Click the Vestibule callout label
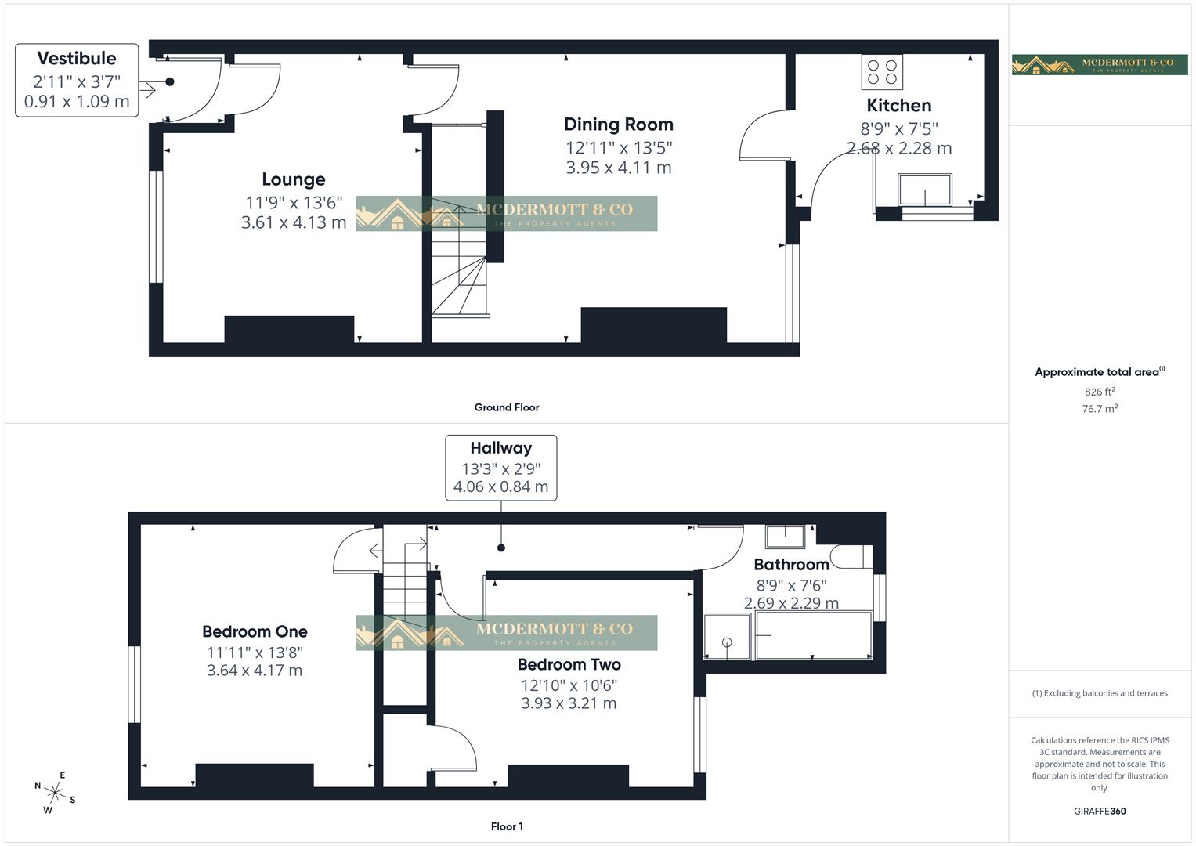coord(77,80)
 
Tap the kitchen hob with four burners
coord(882,71)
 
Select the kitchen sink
coord(925,190)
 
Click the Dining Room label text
coord(618,125)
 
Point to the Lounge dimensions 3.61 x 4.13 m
coord(294,222)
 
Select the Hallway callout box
coord(500,468)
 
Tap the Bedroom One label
coord(255,631)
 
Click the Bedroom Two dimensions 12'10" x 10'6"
coord(569,685)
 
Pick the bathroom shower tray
coord(727,635)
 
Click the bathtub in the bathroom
coord(813,635)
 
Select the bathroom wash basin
coord(785,537)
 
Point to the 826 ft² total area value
coord(1099,392)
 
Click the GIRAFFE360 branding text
coord(1099,812)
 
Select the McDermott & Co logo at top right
coord(1099,64)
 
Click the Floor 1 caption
coord(507,826)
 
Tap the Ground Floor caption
coord(507,407)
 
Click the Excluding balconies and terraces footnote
coord(1099,693)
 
